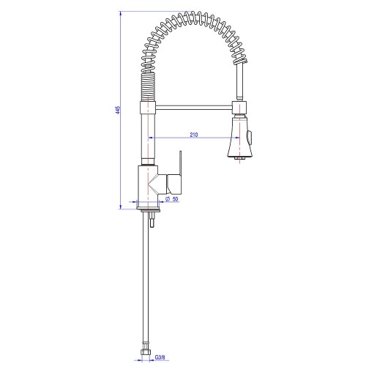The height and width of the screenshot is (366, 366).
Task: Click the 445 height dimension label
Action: click(118, 110)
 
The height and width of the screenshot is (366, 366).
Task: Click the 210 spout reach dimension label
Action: click(194, 135)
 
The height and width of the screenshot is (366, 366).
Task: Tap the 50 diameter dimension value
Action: click(175, 199)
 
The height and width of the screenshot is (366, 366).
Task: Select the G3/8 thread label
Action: click(160, 358)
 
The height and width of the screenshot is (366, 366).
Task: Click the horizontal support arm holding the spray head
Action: click(194, 108)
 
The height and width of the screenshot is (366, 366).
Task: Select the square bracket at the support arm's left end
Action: click(148, 107)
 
